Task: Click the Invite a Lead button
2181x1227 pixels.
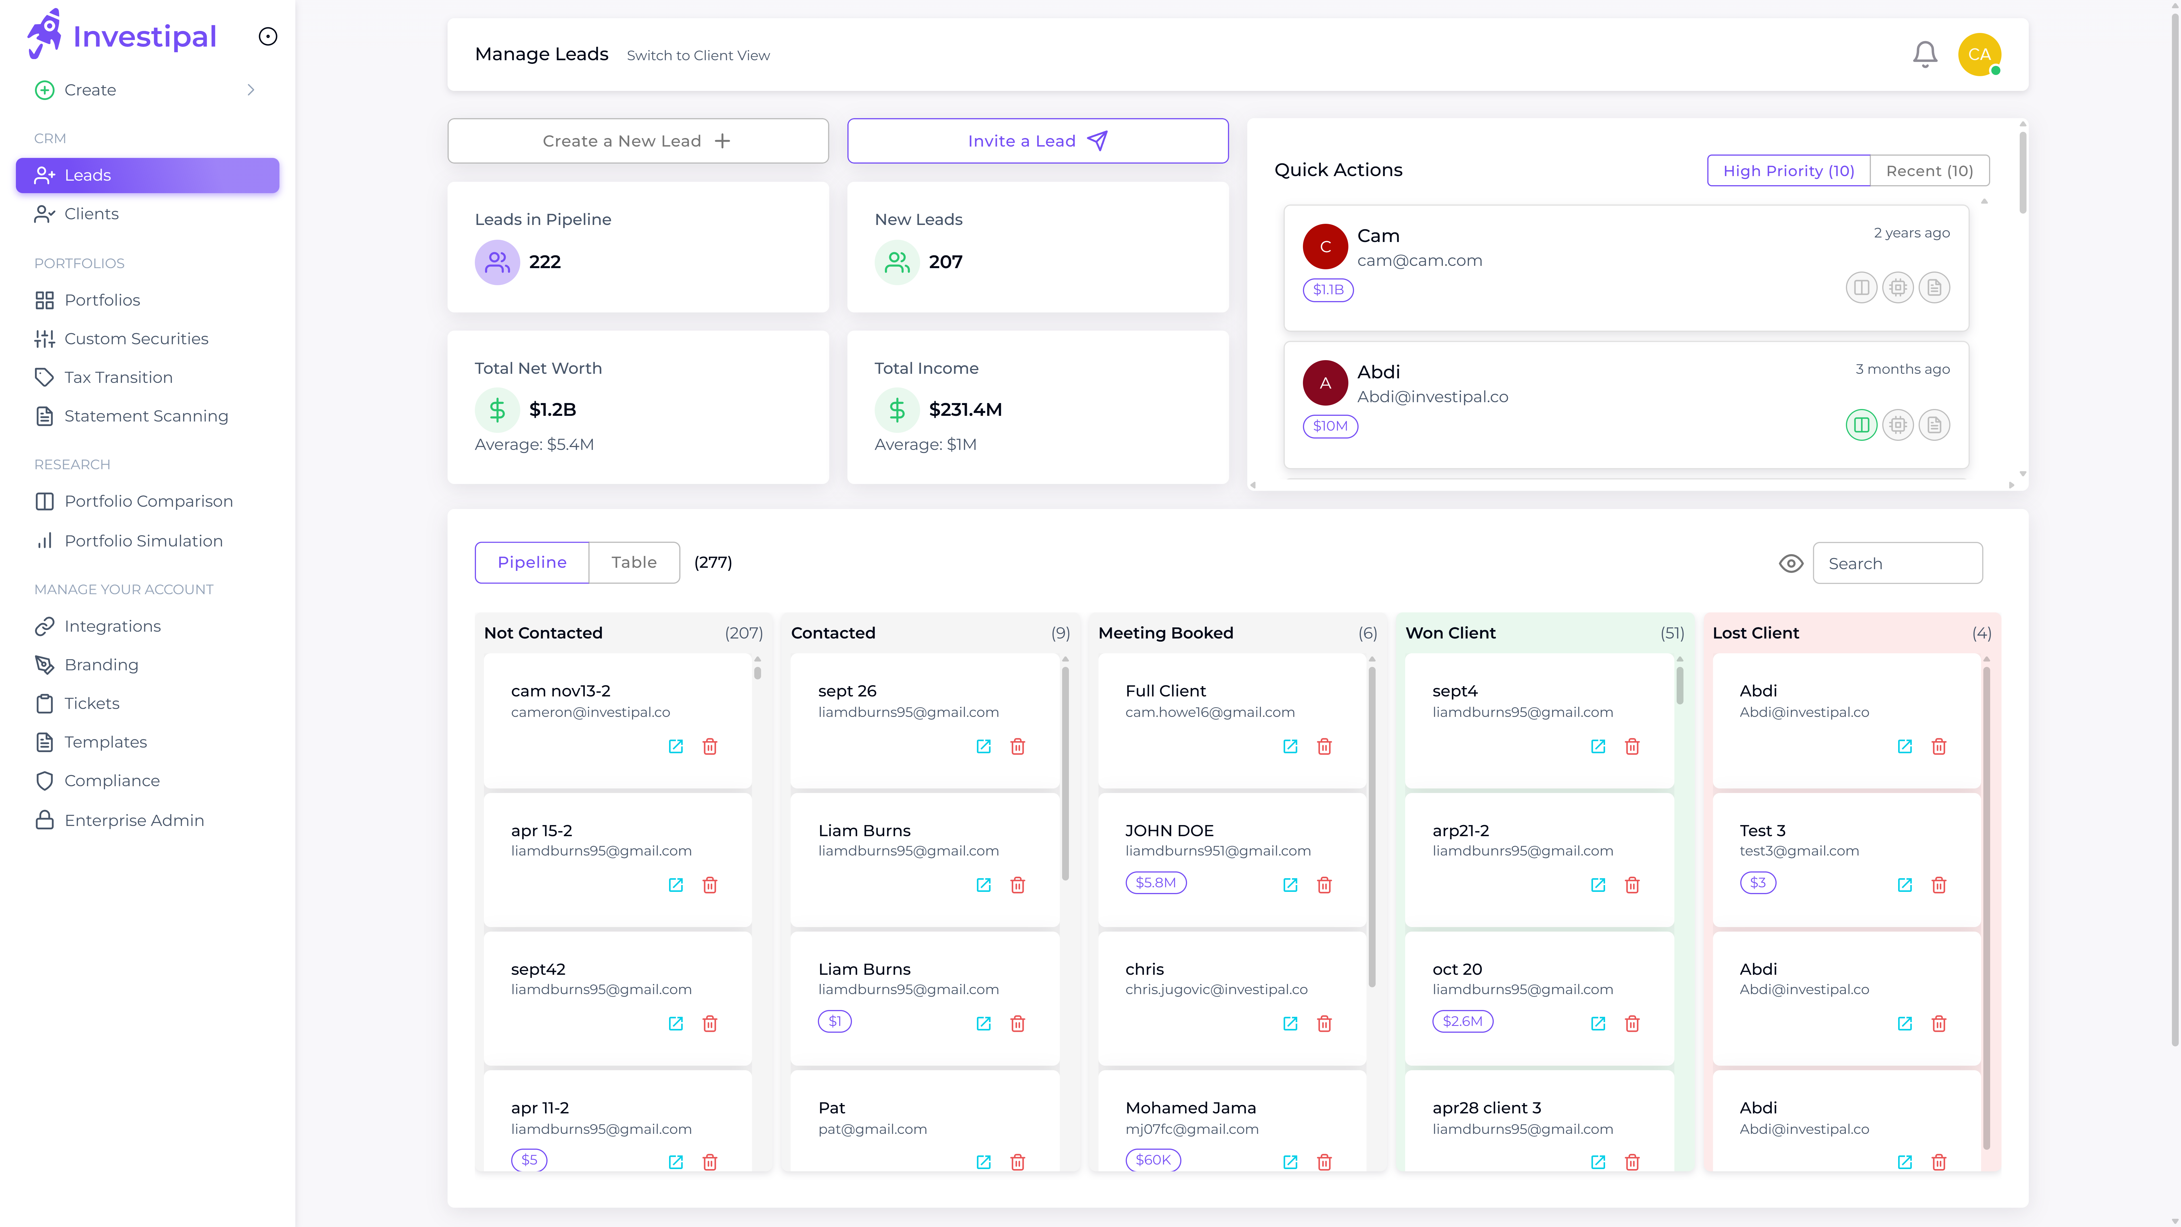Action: (1037, 141)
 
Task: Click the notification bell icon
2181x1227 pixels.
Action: (1925, 55)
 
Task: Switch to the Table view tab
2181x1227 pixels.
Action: (633, 562)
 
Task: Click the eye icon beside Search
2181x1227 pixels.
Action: (1791, 563)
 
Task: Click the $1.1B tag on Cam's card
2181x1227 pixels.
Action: (1328, 290)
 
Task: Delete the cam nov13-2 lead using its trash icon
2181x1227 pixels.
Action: (709, 746)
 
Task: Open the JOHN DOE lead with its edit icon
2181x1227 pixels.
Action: (1290, 885)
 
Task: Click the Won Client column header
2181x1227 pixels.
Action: (1450, 633)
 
